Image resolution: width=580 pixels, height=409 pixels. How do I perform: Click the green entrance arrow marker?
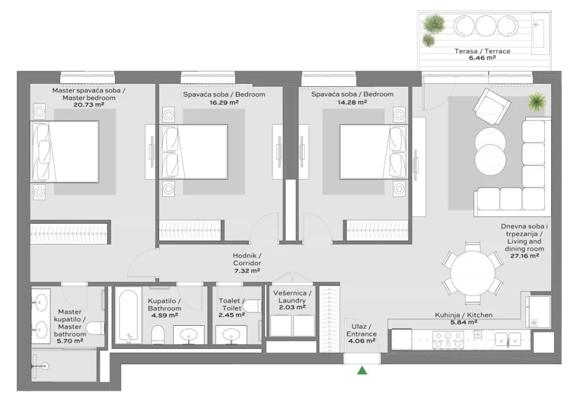tap(362, 370)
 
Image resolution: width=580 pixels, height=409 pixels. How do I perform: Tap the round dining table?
tap(472, 273)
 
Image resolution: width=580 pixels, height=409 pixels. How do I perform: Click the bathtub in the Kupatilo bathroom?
tap(129, 317)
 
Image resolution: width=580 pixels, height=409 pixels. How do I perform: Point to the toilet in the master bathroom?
tap(95, 327)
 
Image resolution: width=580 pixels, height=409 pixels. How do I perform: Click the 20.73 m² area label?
tap(89, 105)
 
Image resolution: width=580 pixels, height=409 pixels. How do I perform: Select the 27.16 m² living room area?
tap(524, 255)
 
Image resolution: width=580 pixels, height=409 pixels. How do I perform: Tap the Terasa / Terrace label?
tap(483, 51)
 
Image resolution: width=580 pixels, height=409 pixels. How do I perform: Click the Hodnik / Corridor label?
tap(247, 259)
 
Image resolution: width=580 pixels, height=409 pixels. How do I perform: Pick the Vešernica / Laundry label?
tap(292, 297)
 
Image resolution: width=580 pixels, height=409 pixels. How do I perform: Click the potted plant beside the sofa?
tap(537, 101)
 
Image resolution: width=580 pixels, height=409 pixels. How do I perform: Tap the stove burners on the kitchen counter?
tap(448, 340)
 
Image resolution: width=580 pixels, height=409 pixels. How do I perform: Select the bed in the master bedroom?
tap(65, 152)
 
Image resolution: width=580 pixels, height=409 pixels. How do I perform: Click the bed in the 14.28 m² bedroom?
tap(374, 152)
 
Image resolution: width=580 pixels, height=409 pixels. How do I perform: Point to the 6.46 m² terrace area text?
tap(483, 58)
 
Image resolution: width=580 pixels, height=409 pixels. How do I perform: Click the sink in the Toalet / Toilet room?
tap(231, 335)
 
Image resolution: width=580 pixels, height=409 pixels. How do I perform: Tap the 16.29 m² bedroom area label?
tap(224, 103)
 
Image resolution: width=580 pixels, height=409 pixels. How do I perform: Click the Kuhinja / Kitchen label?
tap(463, 315)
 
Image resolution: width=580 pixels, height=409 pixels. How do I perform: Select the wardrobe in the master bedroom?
tap(69, 233)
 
